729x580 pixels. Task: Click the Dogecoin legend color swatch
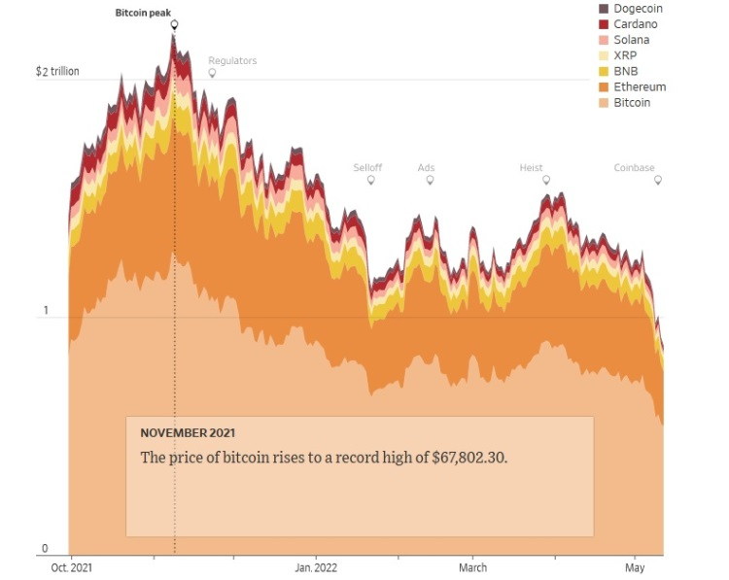[604, 9]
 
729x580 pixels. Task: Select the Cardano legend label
[636, 24]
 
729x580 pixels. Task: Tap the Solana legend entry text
[632, 40]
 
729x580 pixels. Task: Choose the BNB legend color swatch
[604, 71]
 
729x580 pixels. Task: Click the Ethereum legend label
[640, 86]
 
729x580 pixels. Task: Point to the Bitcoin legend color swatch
[604, 102]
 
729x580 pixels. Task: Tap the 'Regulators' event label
[232, 60]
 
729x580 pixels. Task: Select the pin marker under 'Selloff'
[367, 180]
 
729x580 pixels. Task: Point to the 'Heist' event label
[531, 167]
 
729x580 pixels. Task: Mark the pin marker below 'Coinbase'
[658, 180]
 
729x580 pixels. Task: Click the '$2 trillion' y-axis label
[57, 72]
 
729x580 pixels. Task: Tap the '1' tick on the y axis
[44, 311]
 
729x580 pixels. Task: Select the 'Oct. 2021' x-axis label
[72, 567]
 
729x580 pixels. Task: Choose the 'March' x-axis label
[472, 567]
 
